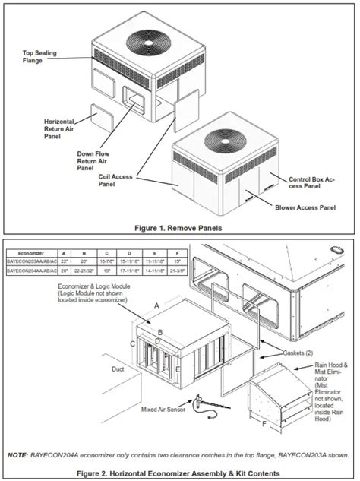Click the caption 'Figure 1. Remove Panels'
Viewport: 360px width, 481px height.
click(179, 227)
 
